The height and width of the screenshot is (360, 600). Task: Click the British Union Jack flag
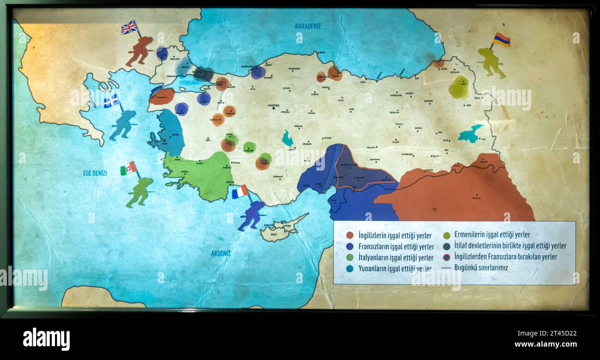(129, 27)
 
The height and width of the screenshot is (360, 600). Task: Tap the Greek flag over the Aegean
(111, 101)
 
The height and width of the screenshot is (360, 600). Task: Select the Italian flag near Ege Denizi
(128, 168)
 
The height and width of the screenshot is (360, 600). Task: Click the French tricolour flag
(240, 192)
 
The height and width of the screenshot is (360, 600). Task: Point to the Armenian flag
(501, 40)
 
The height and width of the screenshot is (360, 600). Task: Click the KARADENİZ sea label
(308, 26)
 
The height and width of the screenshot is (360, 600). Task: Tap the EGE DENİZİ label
(95, 173)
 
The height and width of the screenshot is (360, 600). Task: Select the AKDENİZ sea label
(221, 253)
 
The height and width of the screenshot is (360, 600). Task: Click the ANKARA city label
(274, 105)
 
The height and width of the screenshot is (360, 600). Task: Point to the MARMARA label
(189, 83)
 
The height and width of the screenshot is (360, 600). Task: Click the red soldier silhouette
(140, 51)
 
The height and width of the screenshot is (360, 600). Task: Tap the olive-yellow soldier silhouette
(491, 62)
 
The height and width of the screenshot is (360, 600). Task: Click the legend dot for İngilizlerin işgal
(350, 235)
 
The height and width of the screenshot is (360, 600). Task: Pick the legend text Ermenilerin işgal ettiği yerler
(492, 234)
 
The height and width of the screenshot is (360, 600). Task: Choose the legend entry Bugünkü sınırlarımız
(481, 268)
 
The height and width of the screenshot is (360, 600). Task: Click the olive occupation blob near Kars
(458, 88)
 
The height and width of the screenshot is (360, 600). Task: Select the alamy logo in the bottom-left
(46, 339)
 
